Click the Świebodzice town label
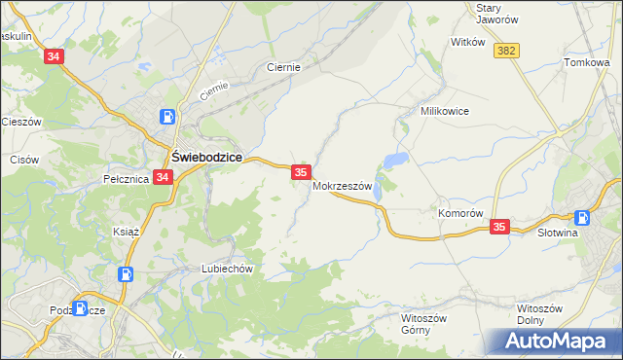tap(206, 157)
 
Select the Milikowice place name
tap(445, 111)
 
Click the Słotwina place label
tap(559, 234)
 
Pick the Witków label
tap(467, 42)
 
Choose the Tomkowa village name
tap(586, 62)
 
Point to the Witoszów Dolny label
tap(539, 314)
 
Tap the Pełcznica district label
tap(125, 179)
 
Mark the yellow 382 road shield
tap(506, 51)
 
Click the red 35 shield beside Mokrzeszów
tap(301, 172)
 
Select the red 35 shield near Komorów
tap(499, 227)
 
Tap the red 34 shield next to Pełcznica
tap(163, 178)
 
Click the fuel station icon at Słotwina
tap(582, 218)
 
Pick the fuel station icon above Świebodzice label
tap(168, 117)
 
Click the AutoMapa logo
tap(558, 342)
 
